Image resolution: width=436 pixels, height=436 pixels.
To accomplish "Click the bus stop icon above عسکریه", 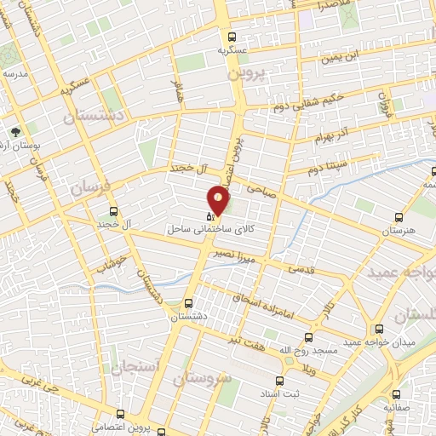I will [232, 36].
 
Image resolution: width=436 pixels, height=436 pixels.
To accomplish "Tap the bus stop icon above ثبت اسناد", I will [278, 381].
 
